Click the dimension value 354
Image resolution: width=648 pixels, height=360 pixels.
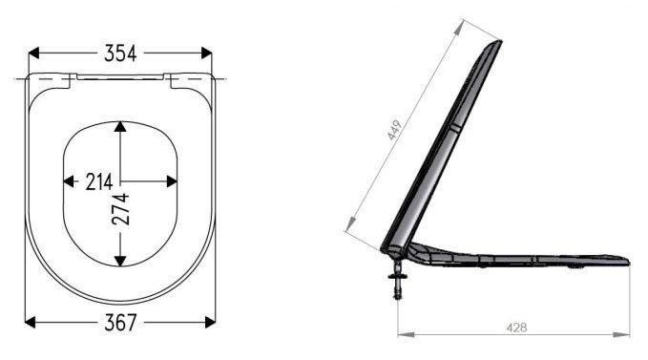click(120, 53)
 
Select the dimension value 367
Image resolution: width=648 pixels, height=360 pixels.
click(120, 323)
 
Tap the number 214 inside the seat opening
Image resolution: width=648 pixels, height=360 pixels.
click(99, 181)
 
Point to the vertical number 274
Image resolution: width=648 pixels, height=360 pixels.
click(120, 209)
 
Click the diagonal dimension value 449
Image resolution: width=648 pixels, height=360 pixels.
click(394, 130)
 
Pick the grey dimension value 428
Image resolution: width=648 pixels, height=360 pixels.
click(516, 328)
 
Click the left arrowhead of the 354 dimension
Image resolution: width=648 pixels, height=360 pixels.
click(33, 53)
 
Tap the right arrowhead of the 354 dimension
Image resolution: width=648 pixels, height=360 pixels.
click(207, 53)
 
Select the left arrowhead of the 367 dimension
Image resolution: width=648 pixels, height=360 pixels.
click(31, 322)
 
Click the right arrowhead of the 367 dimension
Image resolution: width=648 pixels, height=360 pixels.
click(210, 322)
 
